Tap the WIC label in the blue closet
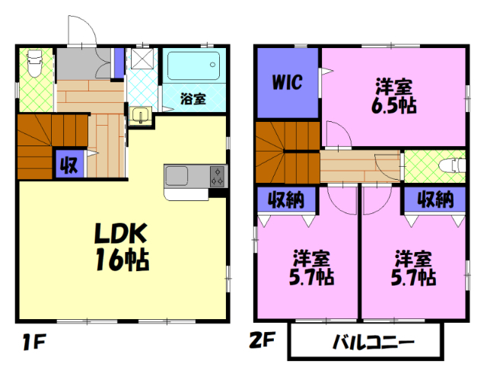click(287, 82)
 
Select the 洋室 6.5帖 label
click(393, 95)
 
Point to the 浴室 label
click(193, 98)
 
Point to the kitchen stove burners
click(217, 177)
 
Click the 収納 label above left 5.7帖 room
click(285, 200)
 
